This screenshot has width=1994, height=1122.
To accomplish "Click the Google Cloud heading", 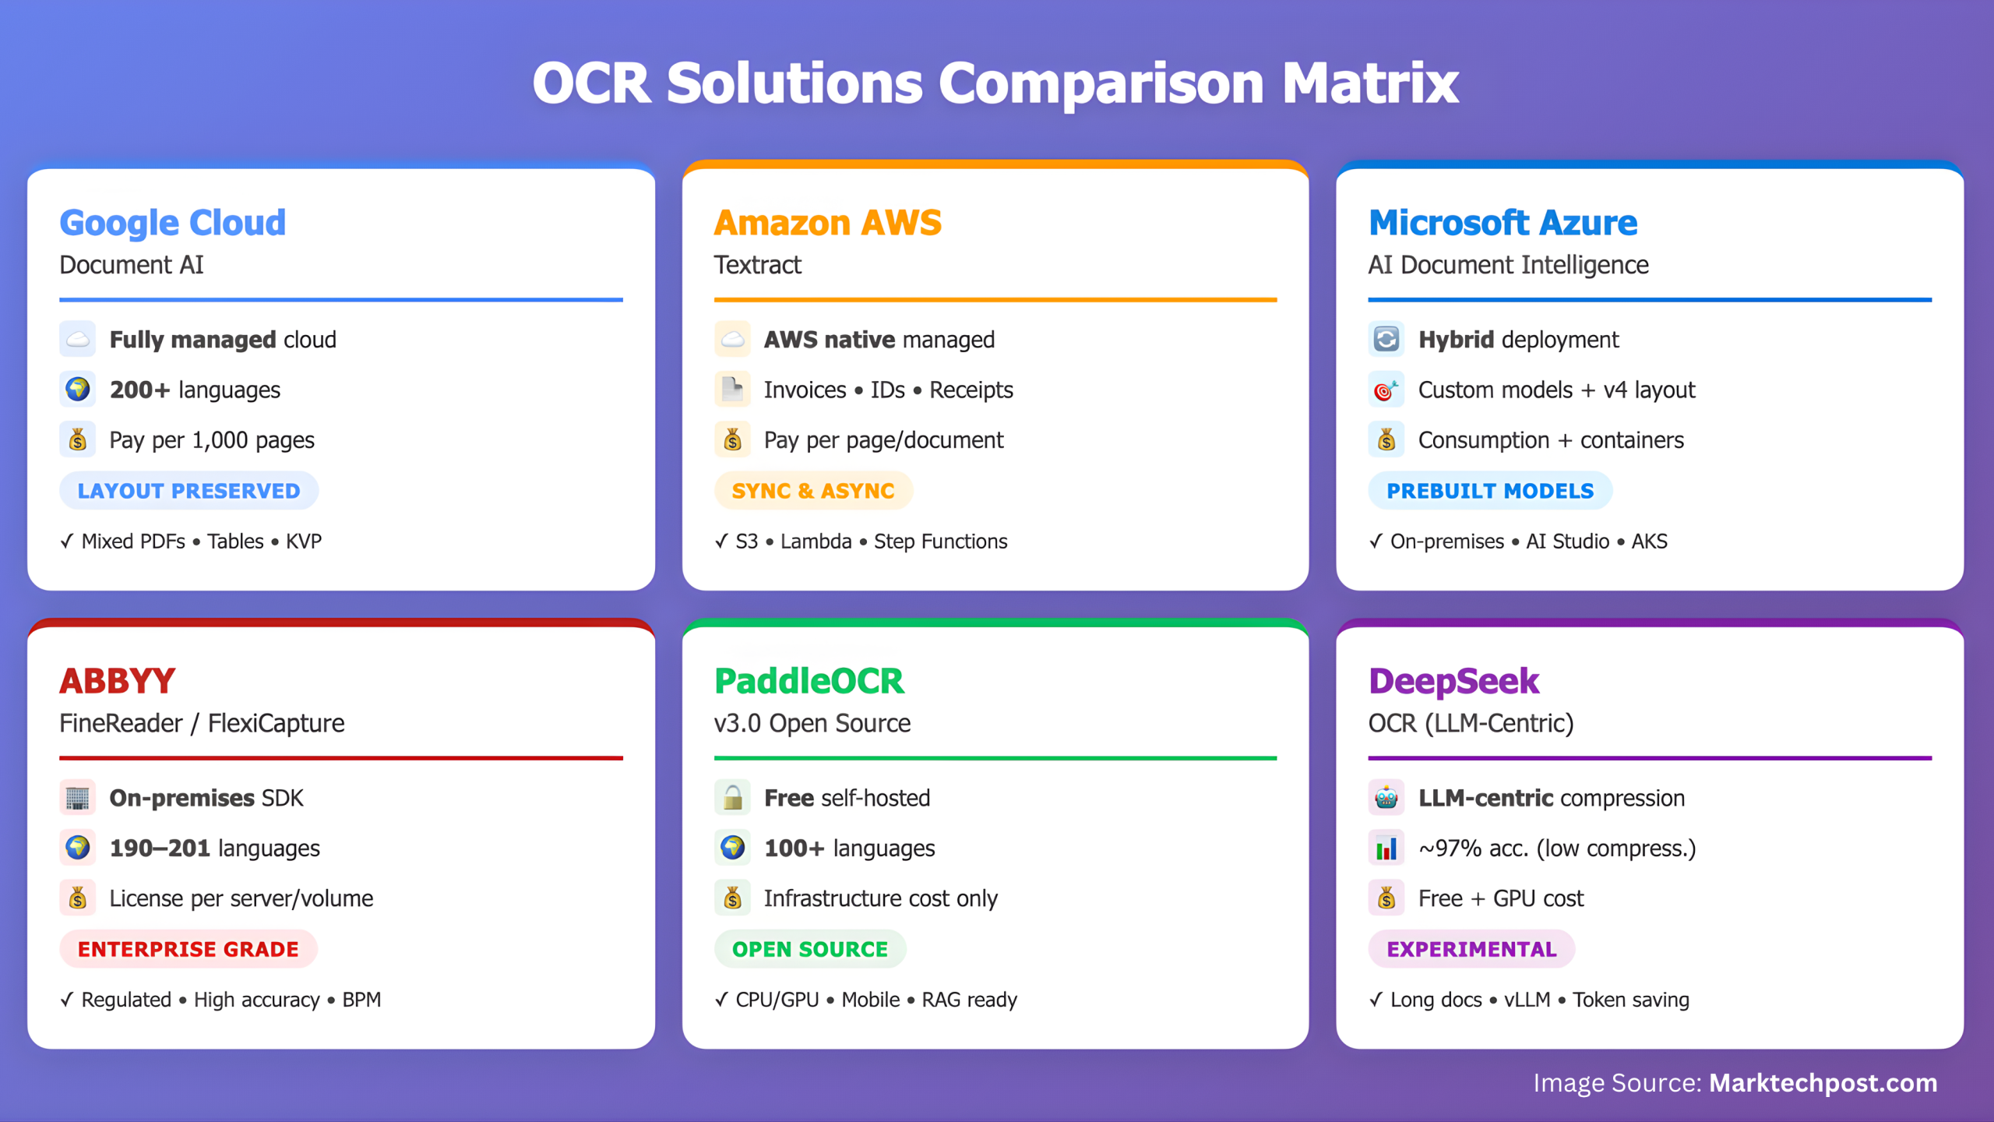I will click(173, 223).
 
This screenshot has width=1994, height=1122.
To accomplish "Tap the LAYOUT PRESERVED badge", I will click(188, 491).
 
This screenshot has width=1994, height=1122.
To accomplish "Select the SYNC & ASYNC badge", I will click(813, 491).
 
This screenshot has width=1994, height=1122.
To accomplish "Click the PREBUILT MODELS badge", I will click(1490, 491).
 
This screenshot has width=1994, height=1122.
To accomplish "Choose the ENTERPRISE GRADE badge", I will click(188, 949).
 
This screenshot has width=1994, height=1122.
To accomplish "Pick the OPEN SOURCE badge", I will click(810, 949).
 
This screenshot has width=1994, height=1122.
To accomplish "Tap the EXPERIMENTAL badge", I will click(1471, 949).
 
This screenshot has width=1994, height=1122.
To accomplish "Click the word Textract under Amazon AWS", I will click(757, 265).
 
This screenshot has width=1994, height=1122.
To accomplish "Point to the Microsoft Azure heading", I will click(1503, 223).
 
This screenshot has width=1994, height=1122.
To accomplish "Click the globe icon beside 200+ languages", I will click(78, 389).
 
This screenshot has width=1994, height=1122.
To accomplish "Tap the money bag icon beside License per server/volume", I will click(78, 898).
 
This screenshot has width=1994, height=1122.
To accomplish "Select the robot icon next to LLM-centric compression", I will click(1386, 798).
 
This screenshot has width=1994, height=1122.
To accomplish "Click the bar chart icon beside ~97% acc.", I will click(1386, 848).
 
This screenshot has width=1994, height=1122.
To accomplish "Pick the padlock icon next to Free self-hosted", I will click(732, 798).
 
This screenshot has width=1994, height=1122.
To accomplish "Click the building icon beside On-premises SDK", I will click(78, 798).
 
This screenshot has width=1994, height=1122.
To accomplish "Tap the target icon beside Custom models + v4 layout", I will click(1386, 389).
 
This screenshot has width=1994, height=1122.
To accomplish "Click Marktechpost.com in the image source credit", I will click(1823, 1083).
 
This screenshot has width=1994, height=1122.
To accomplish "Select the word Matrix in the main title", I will click(1370, 83).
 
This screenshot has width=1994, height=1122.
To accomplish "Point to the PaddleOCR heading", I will click(809, 681).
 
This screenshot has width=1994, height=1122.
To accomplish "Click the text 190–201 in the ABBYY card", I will click(160, 848).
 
